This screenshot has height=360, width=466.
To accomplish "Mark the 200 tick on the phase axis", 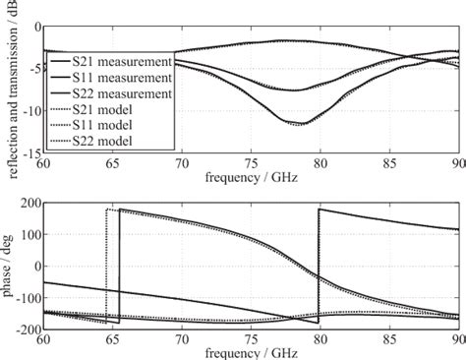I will pos(28,202).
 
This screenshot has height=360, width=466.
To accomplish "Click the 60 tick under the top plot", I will pos(43,164).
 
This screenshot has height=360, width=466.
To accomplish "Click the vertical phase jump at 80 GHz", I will pos(319,266).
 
